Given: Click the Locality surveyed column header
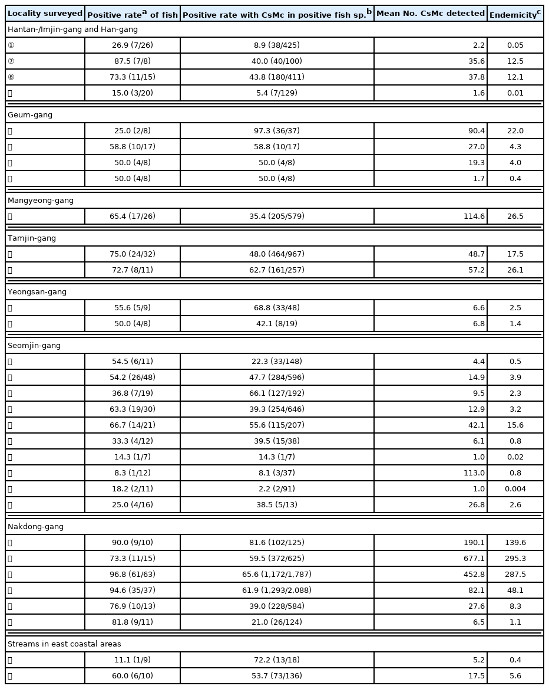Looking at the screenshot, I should [45, 14].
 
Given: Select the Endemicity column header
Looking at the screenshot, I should [515, 14].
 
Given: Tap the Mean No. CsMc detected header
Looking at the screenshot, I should [430, 14].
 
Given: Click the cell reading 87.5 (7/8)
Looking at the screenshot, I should [132, 61].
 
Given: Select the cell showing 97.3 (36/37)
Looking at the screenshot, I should [277, 131].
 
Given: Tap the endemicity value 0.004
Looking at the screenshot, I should [514, 489].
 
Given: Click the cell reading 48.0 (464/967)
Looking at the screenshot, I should [277, 254].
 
